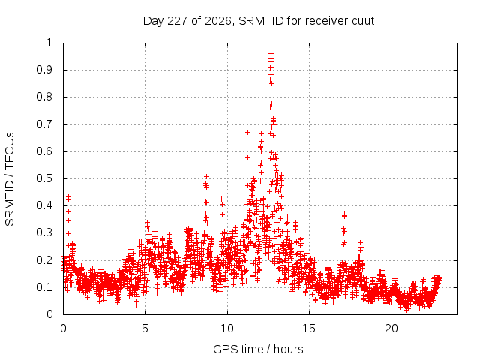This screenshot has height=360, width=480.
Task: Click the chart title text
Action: click(259, 21)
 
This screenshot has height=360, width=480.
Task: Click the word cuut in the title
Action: click(363, 21)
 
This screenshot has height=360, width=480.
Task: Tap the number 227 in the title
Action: click(178, 21)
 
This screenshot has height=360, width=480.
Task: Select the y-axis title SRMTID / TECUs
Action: click(10, 179)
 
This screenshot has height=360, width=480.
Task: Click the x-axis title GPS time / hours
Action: click(258, 349)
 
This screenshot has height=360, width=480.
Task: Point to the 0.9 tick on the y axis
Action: click(45, 70)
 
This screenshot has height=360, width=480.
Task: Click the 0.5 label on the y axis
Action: click(45, 178)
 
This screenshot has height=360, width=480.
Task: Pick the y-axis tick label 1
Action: click(49, 43)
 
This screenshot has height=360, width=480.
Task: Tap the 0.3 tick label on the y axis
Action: click(45, 232)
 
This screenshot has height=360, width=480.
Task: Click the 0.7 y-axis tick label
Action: click(45, 124)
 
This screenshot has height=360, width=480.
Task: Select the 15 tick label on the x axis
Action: click(309, 328)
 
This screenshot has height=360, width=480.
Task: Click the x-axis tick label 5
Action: click(145, 328)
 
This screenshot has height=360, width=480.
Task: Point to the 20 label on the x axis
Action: click(391, 328)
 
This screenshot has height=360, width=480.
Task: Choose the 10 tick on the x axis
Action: click(227, 328)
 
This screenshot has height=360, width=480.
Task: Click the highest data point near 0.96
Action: click(271, 53)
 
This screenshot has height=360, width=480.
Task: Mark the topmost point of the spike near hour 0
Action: click(68, 196)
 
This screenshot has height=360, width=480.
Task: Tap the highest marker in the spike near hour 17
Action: click(344, 214)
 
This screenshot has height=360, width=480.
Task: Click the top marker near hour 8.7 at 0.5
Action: click(207, 177)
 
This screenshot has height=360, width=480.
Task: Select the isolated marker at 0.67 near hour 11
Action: click(247, 132)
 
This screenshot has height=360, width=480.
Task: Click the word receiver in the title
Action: click(327, 21)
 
